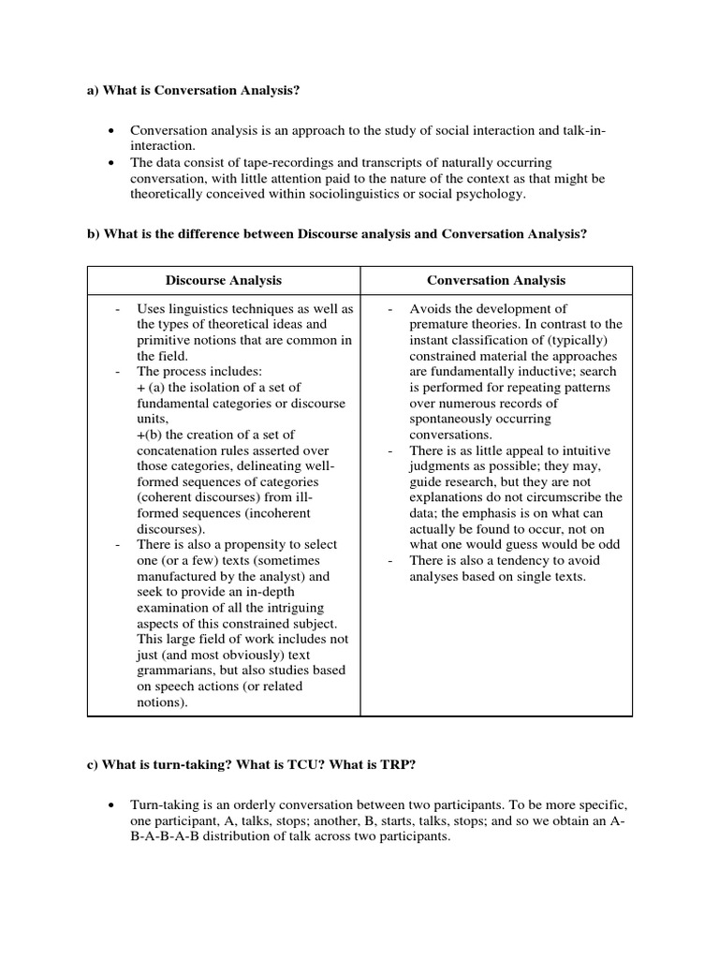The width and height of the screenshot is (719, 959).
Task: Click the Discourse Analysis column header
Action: (x=224, y=280)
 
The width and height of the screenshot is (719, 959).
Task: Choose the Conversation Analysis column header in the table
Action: (x=496, y=280)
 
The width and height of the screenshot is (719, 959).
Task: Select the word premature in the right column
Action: (x=442, y=324)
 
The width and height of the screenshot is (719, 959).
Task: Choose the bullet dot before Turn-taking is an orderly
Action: (x=111, y=805)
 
